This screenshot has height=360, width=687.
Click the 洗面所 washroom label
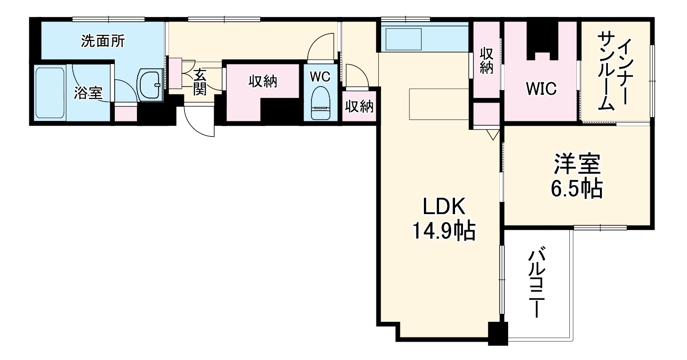pos(103,41)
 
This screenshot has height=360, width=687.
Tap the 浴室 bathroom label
pos(88,93)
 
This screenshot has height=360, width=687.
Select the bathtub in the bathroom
pos(50,93)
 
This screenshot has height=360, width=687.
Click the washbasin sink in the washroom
pos(150,85)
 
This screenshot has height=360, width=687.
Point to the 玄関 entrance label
pos(200,82)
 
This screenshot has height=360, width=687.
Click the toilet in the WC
pos(320,103)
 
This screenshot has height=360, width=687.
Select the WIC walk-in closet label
pos(541,89)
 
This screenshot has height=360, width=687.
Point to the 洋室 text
pos(577,165)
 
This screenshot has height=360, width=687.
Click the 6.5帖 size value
pos(577,189)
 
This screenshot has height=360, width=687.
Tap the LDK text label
pos(444,207)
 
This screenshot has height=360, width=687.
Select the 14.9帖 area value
pos(443,230)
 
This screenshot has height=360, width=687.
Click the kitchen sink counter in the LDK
pos(403,39)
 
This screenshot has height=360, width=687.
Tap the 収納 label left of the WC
pos(263,81)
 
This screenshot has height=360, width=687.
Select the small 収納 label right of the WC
pos(359,106)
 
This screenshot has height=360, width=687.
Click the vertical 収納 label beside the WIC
pos(487,61)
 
